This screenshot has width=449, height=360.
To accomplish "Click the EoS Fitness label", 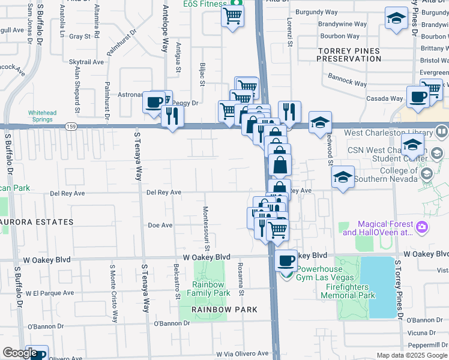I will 203,3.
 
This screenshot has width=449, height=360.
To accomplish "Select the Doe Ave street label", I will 160,226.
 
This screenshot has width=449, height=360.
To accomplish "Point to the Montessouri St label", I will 205,229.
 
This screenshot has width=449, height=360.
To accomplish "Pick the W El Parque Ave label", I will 50,293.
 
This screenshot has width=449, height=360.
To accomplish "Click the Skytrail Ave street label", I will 87,62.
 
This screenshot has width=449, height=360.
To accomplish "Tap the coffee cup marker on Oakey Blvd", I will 286,261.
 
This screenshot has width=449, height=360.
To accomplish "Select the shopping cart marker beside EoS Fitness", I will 232,16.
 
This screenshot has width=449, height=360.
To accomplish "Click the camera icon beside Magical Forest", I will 422,227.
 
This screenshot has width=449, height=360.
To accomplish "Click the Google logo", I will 20,353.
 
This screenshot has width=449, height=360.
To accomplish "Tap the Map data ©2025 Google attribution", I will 411,355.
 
